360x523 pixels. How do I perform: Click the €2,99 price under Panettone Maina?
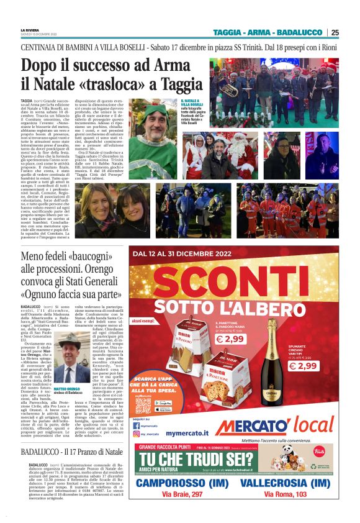coord(229,339)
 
